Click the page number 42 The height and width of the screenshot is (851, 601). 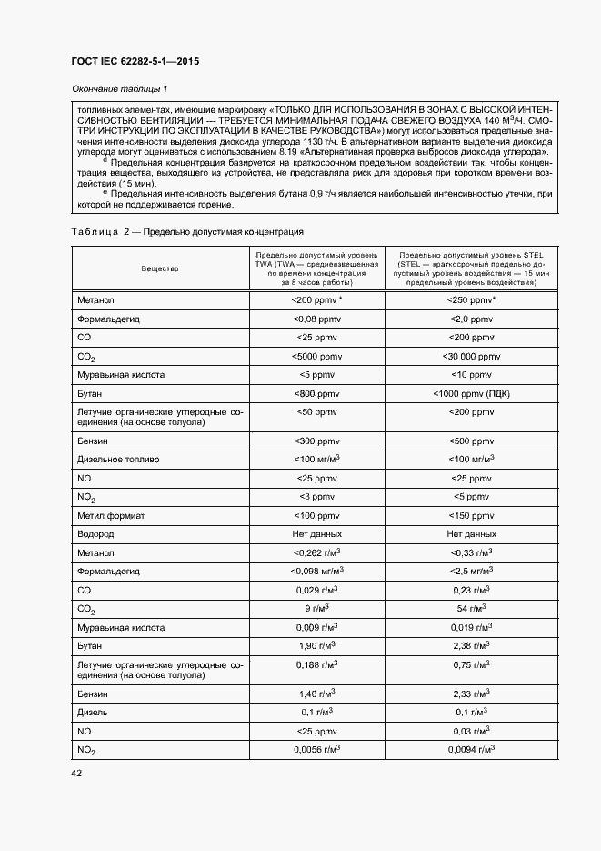(76, 773)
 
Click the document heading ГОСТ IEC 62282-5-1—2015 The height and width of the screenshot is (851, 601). (135, 62)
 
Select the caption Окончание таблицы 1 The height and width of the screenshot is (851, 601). (119, 88)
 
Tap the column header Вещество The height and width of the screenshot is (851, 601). (160, 269)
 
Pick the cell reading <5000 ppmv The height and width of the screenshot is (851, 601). (316, 356)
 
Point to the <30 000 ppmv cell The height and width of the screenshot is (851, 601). (471, 356)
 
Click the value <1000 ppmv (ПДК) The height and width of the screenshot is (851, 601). (471, 393)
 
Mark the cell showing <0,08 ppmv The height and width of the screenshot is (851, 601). (316, 319)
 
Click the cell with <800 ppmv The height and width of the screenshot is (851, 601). (316, 393)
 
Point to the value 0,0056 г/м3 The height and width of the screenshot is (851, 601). (316, 749)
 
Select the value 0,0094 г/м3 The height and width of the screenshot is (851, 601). (471, 749)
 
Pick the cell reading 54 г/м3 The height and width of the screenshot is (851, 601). (471, 608)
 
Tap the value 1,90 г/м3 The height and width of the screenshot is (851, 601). (316, 645)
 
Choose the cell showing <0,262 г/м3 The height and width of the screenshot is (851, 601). (316, 552)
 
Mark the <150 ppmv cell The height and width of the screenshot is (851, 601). (471, 515)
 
